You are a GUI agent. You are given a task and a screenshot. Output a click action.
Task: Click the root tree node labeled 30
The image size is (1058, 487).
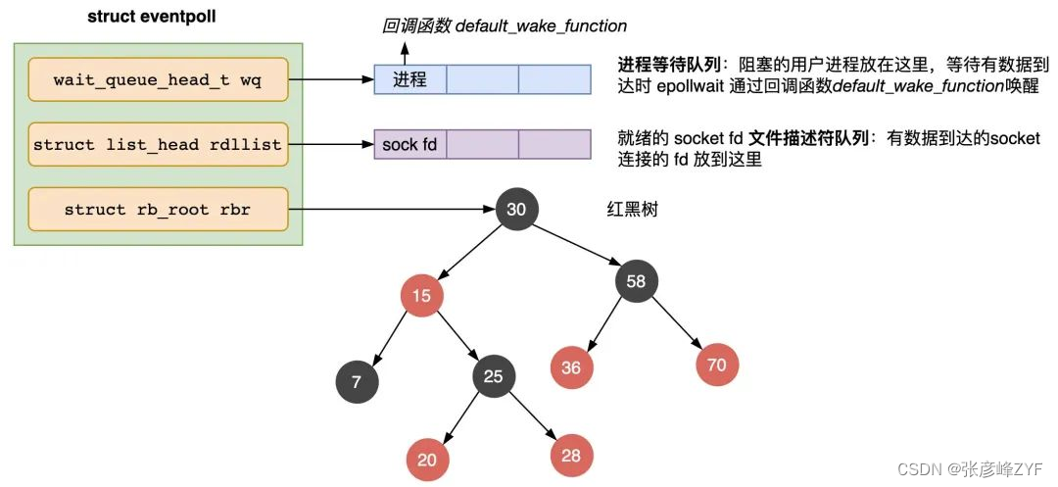pos(517,210)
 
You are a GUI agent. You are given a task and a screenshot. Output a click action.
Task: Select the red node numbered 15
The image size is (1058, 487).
pos(421,295)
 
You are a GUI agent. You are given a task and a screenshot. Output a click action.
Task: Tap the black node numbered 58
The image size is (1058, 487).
pos(636,281)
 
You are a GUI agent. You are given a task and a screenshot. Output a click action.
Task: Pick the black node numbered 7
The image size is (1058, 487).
pos(357,382)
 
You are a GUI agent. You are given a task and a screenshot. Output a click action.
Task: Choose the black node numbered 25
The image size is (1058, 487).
pos(493,376)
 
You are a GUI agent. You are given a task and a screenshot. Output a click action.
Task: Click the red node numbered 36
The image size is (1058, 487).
pos(571,367)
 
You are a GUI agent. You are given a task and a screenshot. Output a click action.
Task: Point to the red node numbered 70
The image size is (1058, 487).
pos(716,365)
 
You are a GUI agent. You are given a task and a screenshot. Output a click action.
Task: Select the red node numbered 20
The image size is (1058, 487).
pos(426,460)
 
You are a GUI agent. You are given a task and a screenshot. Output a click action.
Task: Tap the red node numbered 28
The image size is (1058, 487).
pos(571,456)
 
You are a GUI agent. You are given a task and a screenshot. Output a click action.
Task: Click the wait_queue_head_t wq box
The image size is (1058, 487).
pos(158,80)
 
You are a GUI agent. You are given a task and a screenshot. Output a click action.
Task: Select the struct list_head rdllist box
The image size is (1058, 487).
pos(158,144)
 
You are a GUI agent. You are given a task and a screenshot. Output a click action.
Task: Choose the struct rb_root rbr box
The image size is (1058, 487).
pos(158,210)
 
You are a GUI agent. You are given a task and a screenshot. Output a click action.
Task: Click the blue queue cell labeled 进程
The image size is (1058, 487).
pos(410,79)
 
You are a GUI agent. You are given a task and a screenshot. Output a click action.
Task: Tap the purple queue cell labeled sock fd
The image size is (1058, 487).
pos(410,144)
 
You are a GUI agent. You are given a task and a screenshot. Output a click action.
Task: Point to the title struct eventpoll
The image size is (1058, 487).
pos(152,17)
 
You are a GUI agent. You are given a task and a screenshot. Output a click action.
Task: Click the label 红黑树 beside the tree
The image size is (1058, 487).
pos(632,210)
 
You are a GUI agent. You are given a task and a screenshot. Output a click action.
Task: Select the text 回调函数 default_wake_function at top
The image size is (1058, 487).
pos(505,26)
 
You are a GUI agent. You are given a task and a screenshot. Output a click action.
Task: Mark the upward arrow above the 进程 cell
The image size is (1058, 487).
pos(405,54)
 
